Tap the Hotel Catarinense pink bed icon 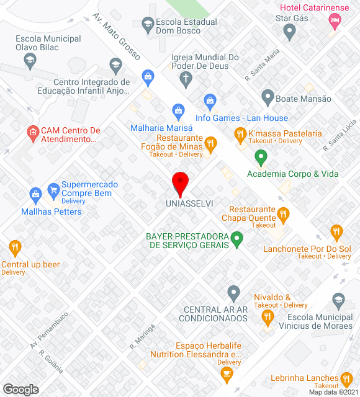[335, 20]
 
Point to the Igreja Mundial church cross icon [185, 79]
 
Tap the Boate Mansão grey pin [268, 97]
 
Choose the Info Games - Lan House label [241, 118]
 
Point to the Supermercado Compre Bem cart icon [53, 188]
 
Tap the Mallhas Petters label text [52, 212]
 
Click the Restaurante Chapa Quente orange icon [284, 215]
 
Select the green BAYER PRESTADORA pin [236, 238]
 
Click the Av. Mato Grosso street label [117, 37]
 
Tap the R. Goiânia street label [51, 362]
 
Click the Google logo [20, 389]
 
